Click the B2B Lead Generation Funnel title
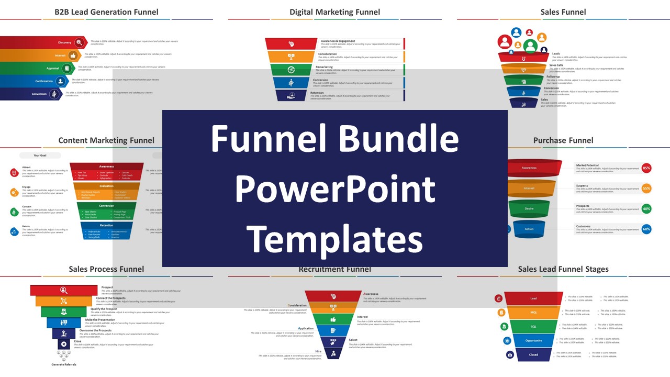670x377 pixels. click(106, 12)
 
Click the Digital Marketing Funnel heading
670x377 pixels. click(334, 12)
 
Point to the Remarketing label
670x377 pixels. click(324, 67)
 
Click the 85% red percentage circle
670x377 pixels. click(646, 168)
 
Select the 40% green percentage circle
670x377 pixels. click(646, 208)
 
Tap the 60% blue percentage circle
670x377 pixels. click(646, 229)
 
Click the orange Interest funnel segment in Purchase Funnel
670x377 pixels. click(529, 188)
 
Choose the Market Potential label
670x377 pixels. click(587, 165)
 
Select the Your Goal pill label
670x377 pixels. click(40, 156)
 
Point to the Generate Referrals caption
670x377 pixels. click(63, 364)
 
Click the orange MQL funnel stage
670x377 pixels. click(533, 313)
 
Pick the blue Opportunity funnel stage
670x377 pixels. click(533, 340)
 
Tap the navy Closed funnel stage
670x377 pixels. click(533, 354)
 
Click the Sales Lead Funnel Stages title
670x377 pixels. click(563, 269)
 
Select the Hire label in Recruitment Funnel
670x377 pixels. click(318, 351)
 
